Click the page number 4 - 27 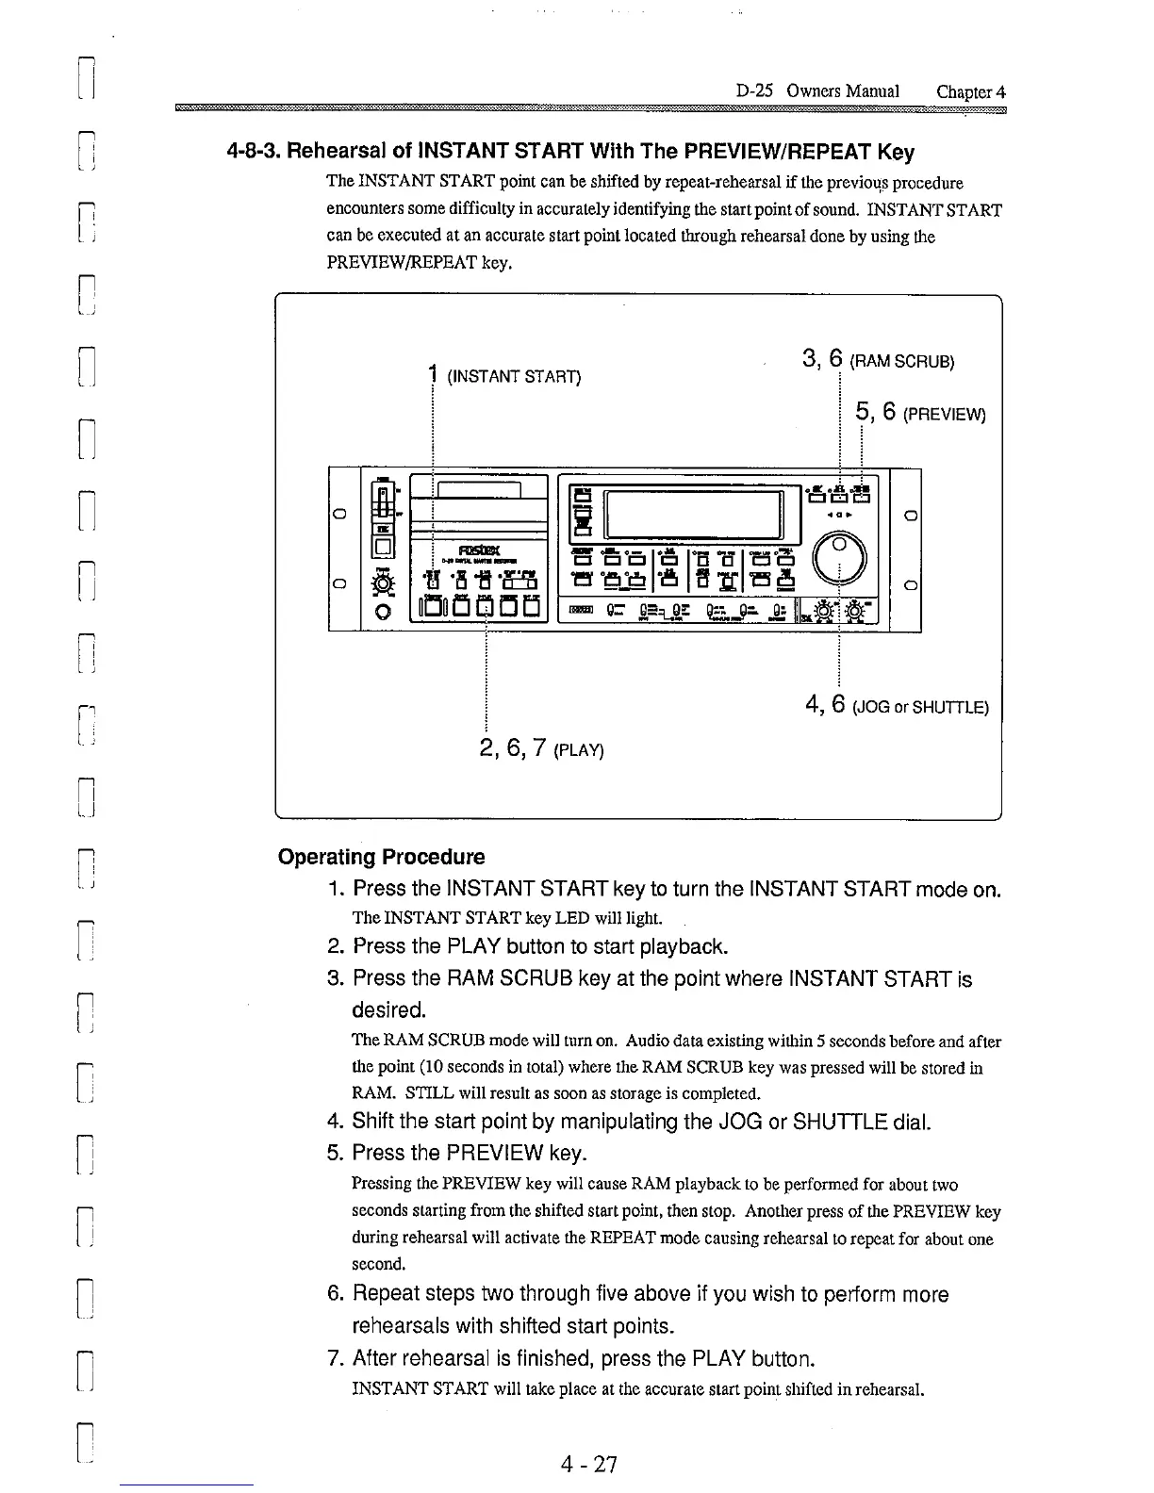[x=587, y=1464]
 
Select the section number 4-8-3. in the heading [x=255, y=152]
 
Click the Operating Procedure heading [x=381, y=857]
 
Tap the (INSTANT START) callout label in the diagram [x=514, y=377]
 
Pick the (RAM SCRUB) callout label [x=902, y=361]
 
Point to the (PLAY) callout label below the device [x=579, y=750]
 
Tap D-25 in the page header [x=755, y=91]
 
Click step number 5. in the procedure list [x=335, y=1153]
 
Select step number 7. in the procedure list [x=335, y=1358]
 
